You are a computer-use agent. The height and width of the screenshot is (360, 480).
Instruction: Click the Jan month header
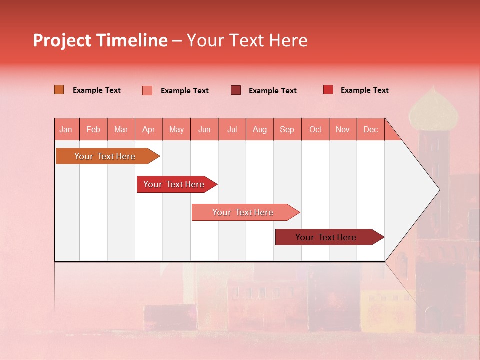click(66, 130)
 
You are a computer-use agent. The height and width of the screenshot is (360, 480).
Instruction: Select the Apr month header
click(149, 130)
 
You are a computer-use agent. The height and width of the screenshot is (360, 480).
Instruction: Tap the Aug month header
click(260, 130)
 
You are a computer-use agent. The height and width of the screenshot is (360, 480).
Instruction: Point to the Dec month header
click(371, 130)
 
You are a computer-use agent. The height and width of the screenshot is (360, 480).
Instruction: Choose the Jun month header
click(204, 130)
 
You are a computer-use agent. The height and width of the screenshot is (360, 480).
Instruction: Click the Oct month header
click(315, 130)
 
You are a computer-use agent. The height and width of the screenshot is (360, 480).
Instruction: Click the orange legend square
click(59, 90)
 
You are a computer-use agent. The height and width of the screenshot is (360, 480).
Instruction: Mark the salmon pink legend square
click(147, 90)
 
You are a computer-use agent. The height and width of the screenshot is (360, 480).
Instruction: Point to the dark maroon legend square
click(236, 90)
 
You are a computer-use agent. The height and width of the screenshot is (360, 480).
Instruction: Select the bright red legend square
click(328, 90)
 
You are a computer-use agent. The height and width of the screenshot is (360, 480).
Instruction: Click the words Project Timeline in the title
click(100, 40)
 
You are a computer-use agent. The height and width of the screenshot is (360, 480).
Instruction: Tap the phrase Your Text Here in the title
click(247, 40)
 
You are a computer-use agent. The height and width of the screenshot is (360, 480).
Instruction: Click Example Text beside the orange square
click(97, 90)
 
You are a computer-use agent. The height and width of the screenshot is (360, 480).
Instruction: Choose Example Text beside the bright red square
click(364, 90)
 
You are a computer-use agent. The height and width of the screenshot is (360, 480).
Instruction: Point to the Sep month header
click(287, 130)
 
